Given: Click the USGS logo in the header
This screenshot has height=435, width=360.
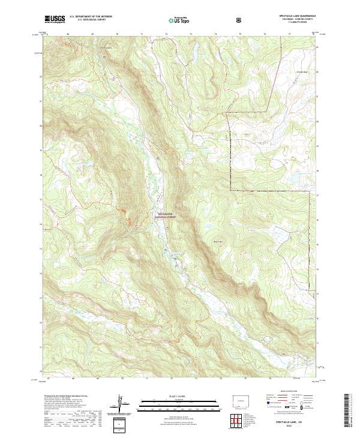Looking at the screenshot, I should point(55,19).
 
